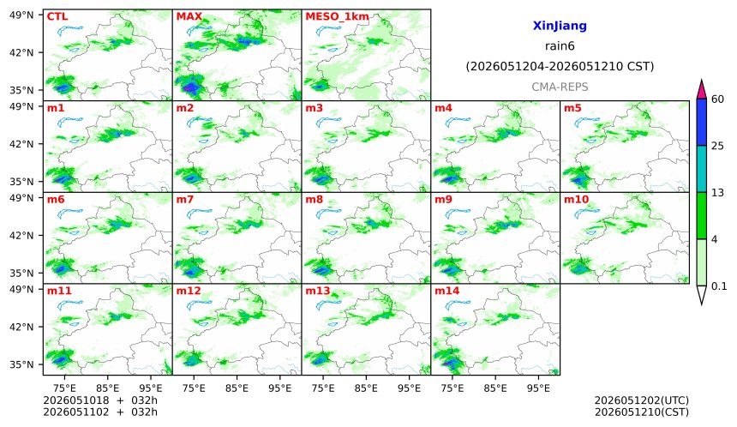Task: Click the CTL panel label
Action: click(57, 16)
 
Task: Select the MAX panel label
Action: click(189, 16)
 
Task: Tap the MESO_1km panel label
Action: click(337, 17)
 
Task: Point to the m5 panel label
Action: click(572, 108)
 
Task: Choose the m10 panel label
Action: click(576, 200)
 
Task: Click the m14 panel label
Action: click(446, 291)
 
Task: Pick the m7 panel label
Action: click(185, 200)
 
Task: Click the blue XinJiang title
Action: click(560, 26)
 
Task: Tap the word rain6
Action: click(560, 46)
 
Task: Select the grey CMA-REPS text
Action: click(560, 87)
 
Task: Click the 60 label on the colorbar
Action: click(718, 99)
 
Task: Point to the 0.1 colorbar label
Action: click(719, 286)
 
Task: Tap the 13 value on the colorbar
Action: click(718, 193)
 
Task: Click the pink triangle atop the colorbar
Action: click(701, 89)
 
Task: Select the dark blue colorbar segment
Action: click(701, 123)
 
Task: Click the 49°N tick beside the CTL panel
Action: click(21, 15)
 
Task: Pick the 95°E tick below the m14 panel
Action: click(538, 388)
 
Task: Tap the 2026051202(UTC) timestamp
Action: click(642, 400)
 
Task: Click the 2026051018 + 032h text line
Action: click(100, 400)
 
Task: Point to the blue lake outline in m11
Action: click(70, 306)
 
